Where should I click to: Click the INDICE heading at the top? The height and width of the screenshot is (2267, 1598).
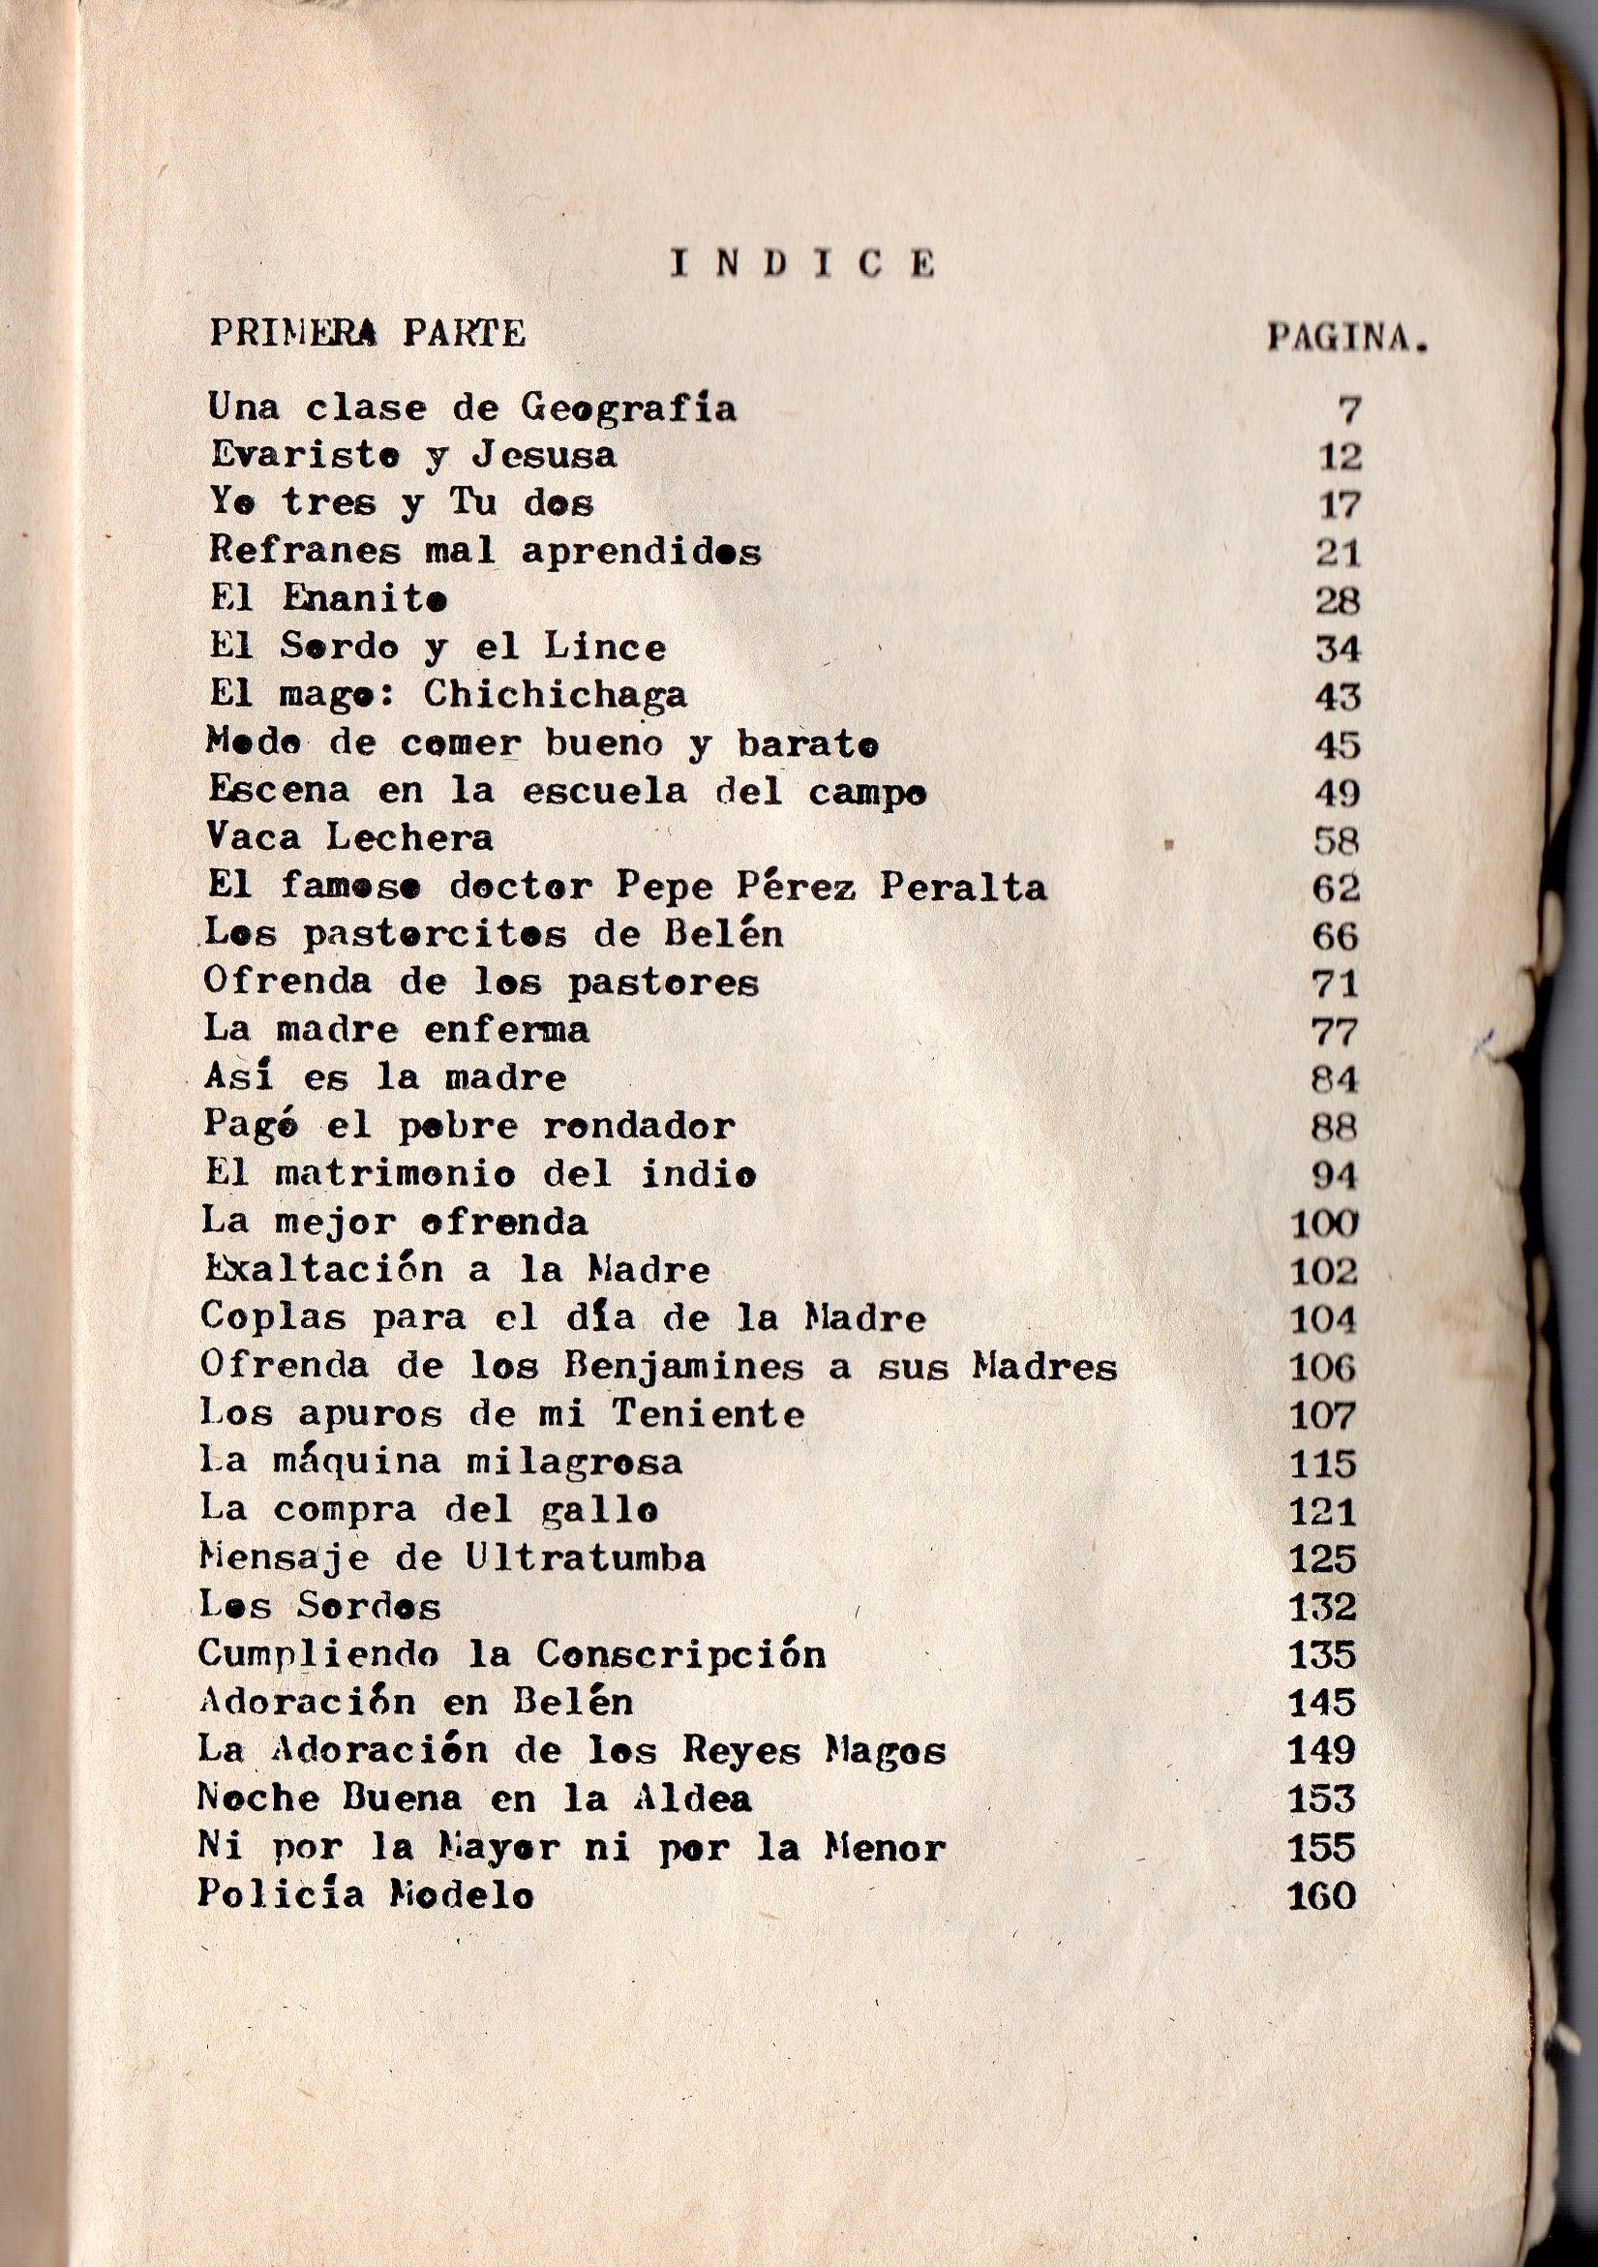pyautogui.click(x=802, y=263)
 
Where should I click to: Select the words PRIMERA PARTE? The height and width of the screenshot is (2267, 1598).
pyautogui.click(x=367, y=334)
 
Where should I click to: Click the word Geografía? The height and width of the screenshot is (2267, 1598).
pyautogui.click(x=628, y=408)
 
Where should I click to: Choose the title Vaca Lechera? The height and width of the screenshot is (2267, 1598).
pyautogui.click(x=349, y=838)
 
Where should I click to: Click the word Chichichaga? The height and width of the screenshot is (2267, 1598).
pyautogui.click(x=555, y=695)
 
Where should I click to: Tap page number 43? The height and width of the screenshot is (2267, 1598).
pyautogui.click(x=1338, y=698)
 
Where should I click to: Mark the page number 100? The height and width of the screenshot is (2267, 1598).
pyautogui.click(x=1325, y=1224)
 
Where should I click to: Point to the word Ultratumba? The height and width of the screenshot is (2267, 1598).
pyautogui.click(x=586, y=1559)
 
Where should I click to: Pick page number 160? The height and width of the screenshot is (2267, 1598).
pyautogui.click(x=1321, y=1895)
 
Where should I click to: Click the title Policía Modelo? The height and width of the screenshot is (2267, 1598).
pyautogui.click(x=365, y=1894)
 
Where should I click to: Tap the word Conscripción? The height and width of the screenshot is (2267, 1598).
pyautogui.click(x=680, y=1654)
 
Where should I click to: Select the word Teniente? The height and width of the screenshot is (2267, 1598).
pyautogui.click(x=708, y=1414)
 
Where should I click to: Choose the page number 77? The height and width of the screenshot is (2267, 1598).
pyautogui.click(x=1335, y=1033)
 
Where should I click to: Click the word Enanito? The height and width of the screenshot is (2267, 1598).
pyautogui.click(x=364, y=598)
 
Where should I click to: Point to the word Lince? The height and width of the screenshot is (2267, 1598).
pyautogui.click(x=605, y=647)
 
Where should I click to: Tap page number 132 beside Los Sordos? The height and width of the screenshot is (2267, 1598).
pyautogui.click(x=1322, y=1608)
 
